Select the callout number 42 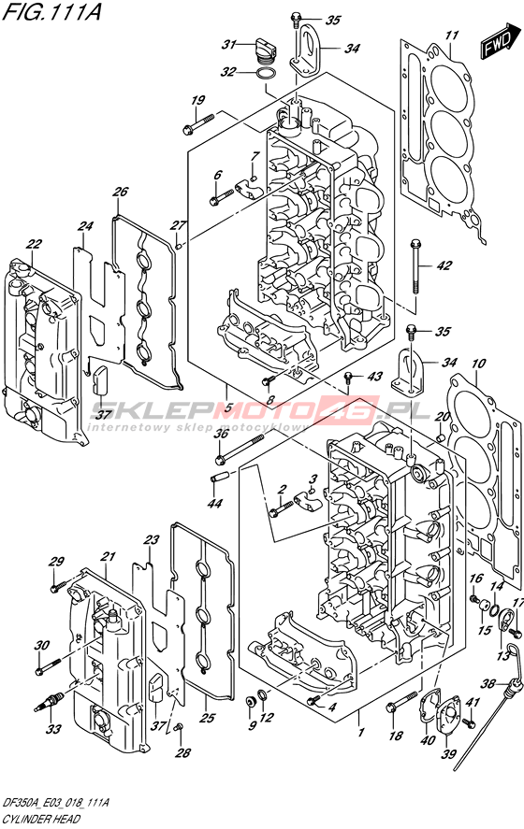tap(444, 265)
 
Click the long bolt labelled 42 tap(416, 266)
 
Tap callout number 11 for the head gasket tap(452, 36)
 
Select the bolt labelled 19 tap(198, 122)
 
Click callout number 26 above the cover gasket tap(121, 192)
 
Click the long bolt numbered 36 tap(240, 449)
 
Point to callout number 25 tap(208, 718)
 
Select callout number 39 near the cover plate tap(448, 753)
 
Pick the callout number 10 tap(478, 364)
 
